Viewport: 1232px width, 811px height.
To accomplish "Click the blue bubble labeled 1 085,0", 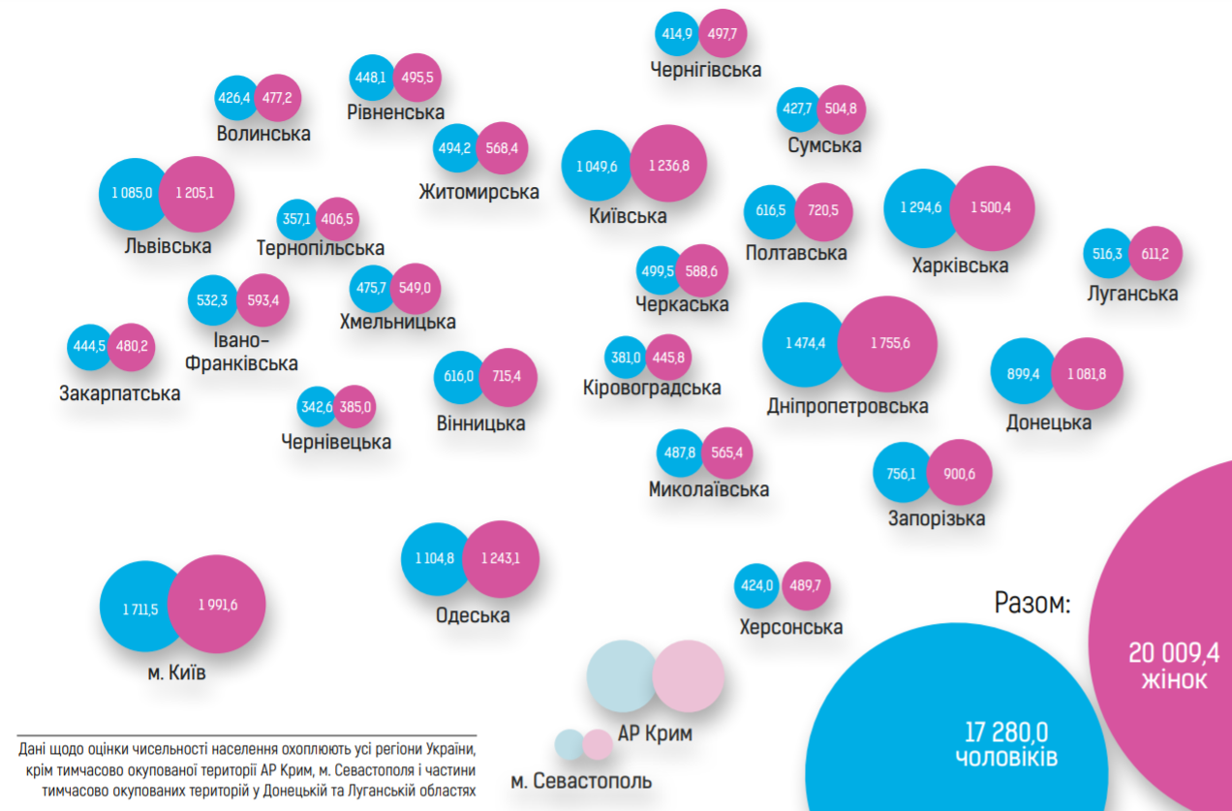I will tap(133, 193).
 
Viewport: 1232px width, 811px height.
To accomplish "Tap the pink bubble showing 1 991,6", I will tap(218, 606).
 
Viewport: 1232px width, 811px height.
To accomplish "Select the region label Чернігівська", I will tap(706, 70).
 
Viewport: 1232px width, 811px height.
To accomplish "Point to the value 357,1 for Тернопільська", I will tap(294, 220).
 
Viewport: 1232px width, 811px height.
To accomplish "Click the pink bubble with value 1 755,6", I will tap(889, 343).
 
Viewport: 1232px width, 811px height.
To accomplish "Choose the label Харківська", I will tap(960, 265).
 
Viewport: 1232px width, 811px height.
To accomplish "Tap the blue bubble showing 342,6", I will tap(317, 407).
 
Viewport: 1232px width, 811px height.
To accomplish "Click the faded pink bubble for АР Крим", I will tap(689, 676).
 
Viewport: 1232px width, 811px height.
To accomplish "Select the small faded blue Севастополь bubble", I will tap(568, 744).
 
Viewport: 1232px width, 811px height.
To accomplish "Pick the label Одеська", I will tap(473, 615).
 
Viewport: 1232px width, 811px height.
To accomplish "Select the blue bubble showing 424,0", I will tap(756, 585).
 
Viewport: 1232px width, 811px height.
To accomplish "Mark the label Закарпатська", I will tap(119, 393).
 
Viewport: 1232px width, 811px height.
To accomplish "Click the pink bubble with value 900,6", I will tap(959, 474).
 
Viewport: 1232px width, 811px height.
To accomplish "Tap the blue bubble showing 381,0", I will tap(625, 358).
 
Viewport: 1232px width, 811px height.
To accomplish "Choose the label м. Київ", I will tap(176, 672).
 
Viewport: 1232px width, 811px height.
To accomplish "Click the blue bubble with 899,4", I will tap(1023, 373).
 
